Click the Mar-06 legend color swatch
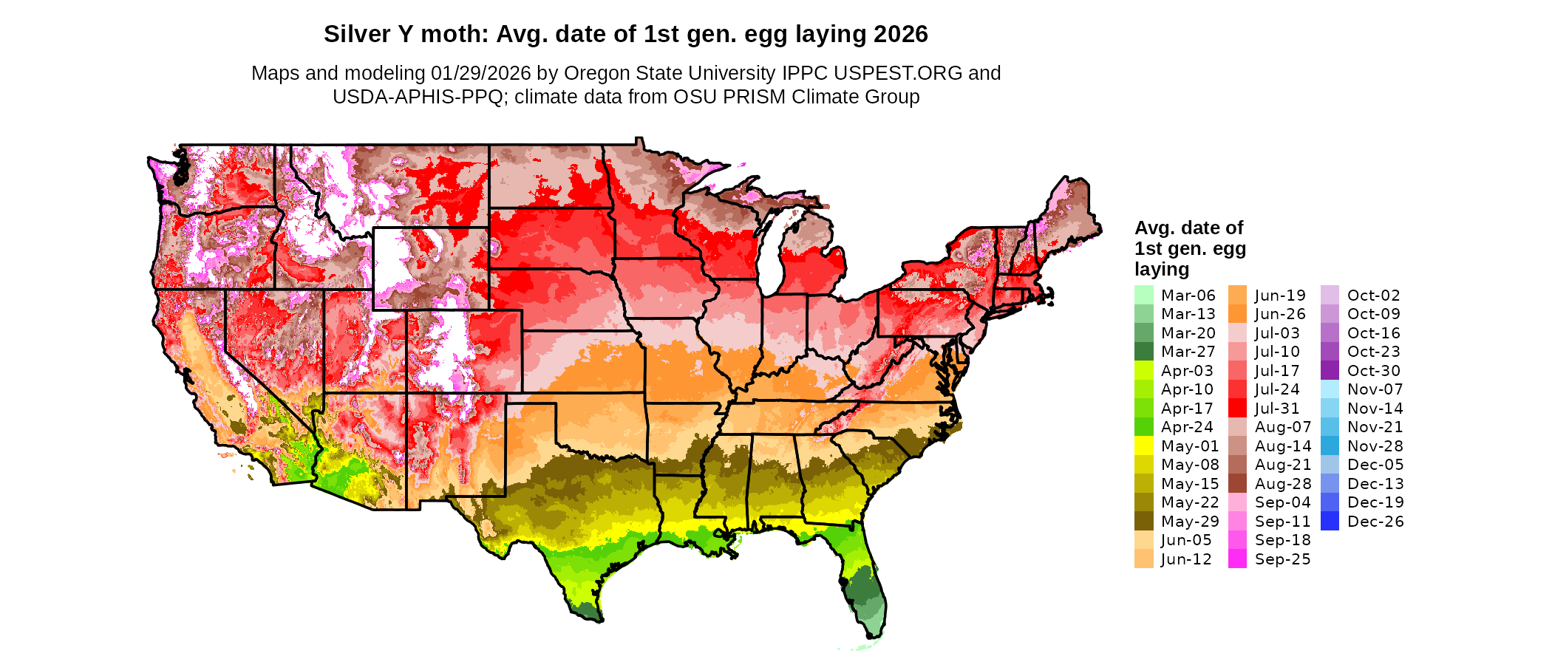1143,295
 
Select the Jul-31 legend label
1277,409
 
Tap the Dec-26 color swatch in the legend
1330,522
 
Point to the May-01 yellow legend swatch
1143,446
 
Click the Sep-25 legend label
1282,559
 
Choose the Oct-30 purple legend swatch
1330,371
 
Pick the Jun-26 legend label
1280,314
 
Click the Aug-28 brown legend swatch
1237,484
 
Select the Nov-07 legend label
1375,389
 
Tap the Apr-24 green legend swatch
1143,427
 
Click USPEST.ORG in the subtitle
898,73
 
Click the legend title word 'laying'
1162,269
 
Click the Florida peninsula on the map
865,584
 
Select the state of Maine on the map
1068,214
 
